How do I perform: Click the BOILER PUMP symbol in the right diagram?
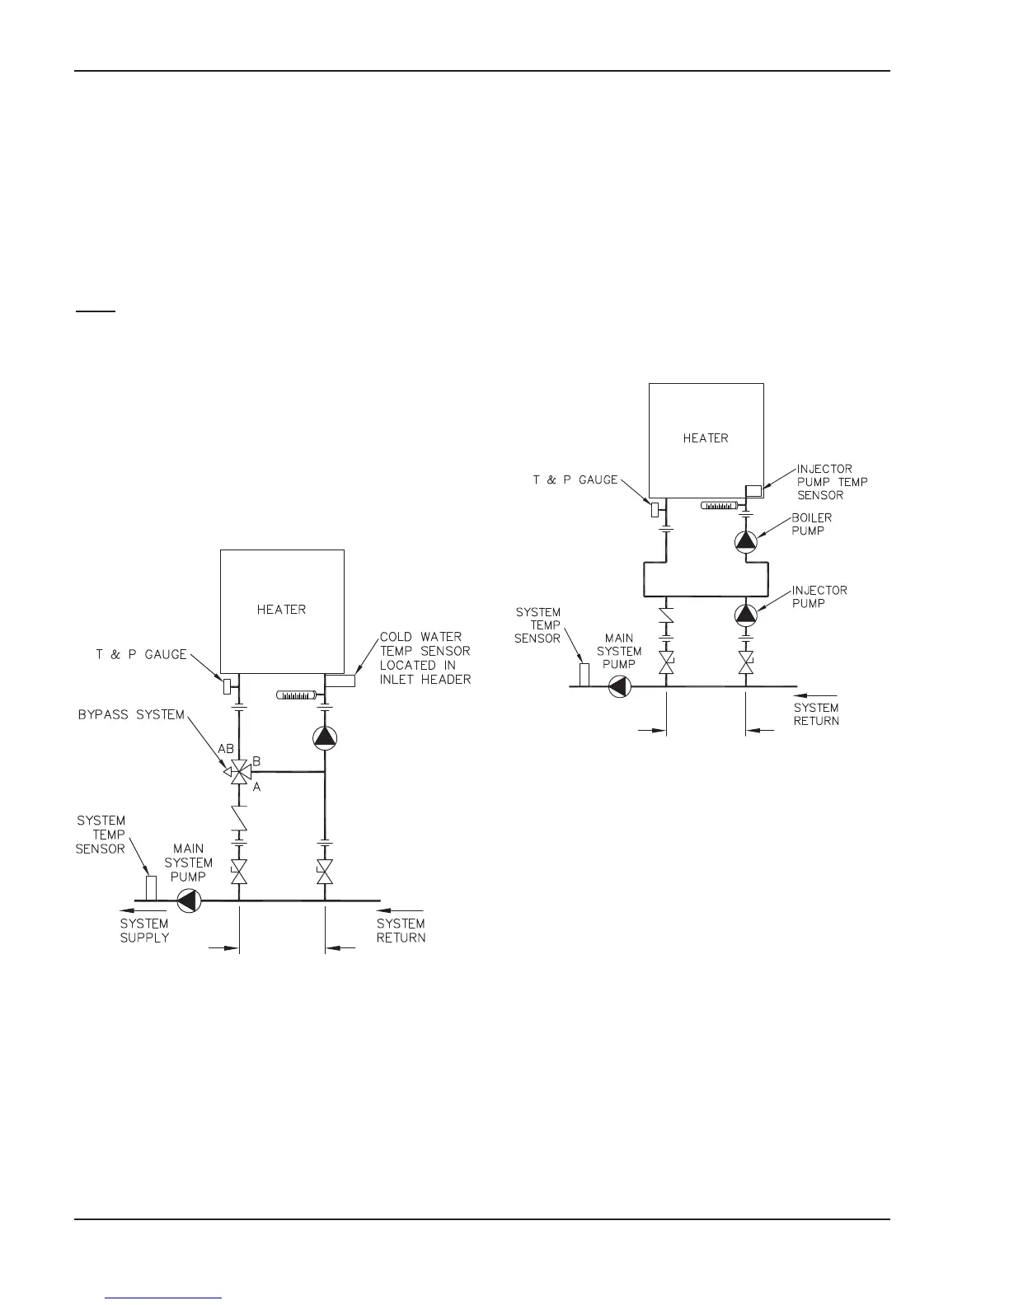tap(746, 540)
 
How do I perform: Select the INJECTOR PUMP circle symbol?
tap(746, 614)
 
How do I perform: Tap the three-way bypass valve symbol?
tap(239, 773)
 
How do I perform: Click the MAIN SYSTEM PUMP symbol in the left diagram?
tap(189, 900)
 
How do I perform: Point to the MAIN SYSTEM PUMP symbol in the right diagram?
tap(619, 686)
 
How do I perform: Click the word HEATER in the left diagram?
tap(281, 610)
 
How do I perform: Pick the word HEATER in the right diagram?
tap(706, 438)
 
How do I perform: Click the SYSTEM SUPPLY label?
tap(144, 931)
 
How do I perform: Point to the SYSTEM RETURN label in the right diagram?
tap(816, 714)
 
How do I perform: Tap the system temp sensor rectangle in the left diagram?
tap(151, 888)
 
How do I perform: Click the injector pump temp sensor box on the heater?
tap(753, 492)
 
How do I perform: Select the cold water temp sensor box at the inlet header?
tap(340, 681)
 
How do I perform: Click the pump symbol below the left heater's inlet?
tap(325, 737)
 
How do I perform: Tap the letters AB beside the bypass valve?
tap(226, 751)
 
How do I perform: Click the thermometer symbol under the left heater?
tap(294, 696)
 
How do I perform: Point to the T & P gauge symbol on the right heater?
tap(655, 510)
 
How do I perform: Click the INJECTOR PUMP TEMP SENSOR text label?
tap(832, 482)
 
